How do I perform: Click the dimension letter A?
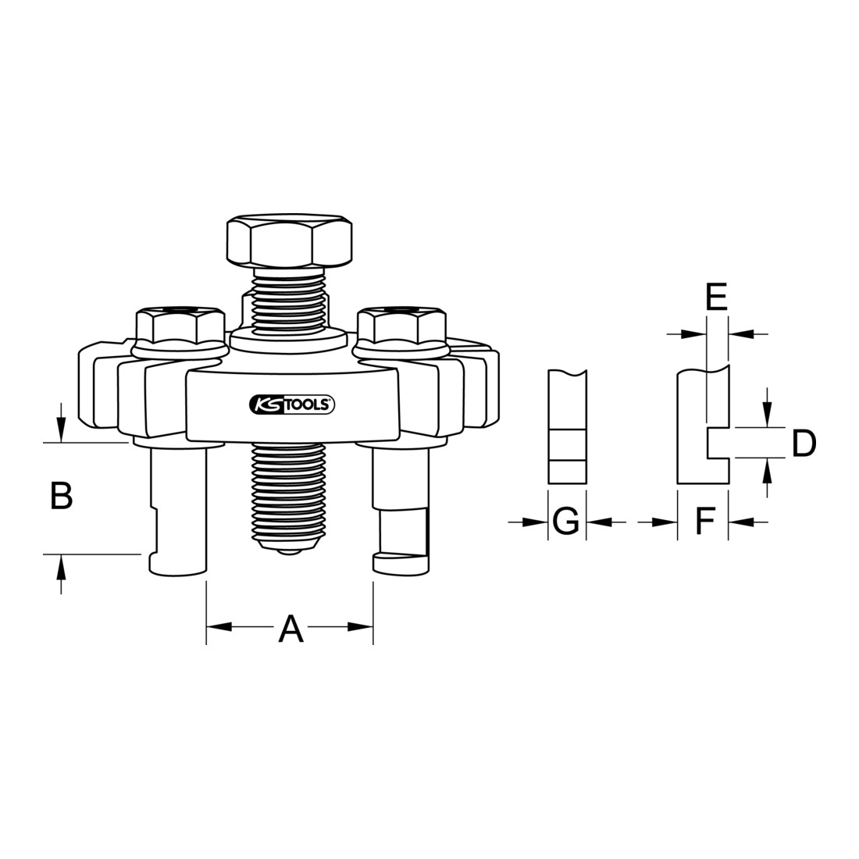[290, 629]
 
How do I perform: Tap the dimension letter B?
[62, 495]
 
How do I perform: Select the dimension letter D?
[804, 443]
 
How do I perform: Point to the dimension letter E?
[716, 297]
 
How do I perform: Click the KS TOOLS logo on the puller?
[292, 405]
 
